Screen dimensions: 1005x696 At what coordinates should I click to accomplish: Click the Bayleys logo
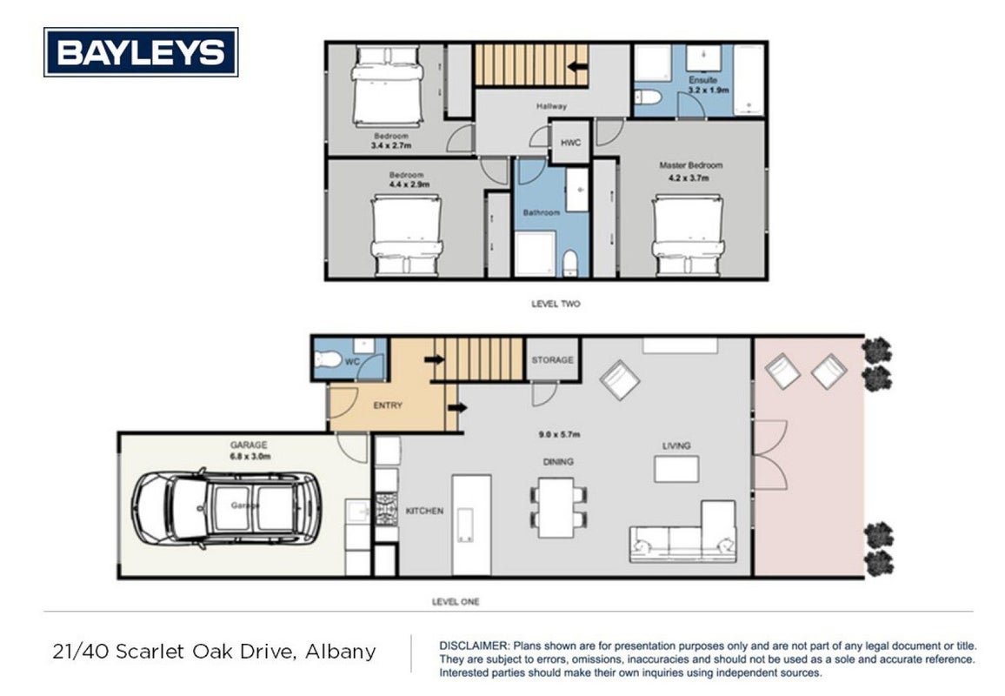[141, 52]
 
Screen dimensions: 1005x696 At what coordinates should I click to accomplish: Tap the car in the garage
[227, 509]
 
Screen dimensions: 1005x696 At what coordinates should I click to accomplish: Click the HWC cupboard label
[570, 143]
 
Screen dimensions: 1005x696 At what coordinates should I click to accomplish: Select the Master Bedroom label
[691, 165]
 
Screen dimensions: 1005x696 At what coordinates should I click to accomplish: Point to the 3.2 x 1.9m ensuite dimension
[709, 90]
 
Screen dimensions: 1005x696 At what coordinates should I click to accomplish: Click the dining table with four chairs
[558, 506]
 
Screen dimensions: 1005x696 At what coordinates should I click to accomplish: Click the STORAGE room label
[553, 360]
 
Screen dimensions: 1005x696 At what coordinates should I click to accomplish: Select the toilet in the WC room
[329, 359]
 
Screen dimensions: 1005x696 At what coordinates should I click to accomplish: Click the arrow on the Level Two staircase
[578, 66]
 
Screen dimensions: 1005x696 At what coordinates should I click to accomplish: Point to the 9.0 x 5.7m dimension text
[559, 434]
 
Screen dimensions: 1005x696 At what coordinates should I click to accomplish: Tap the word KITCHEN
[424, 512]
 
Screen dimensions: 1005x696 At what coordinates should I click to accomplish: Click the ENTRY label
[388, 405]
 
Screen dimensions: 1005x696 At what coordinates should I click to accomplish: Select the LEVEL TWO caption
[556, 304]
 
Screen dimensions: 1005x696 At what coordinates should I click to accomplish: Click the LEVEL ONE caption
[456, 602]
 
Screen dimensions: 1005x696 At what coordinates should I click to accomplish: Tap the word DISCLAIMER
[474, 646]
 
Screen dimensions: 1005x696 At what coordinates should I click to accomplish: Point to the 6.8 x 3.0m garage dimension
[250, 457]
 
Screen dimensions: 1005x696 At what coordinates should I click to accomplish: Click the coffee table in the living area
[676, 468]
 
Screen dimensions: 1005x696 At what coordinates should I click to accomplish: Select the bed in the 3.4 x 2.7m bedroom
[388, 87]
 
